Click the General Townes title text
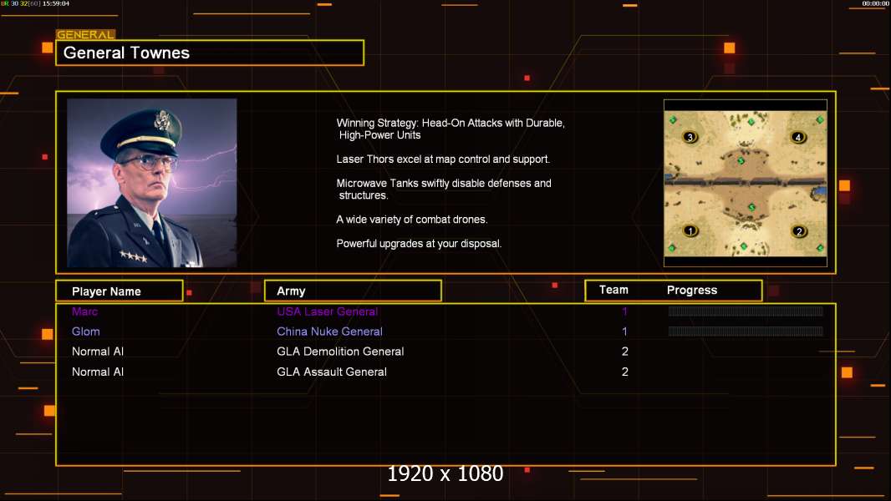(126, 53)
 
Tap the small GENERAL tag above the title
(86, 34)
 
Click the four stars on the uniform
(133, 256)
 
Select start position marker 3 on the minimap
(690, 137)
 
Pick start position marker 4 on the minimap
(798, 137)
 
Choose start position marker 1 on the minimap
(690, 231)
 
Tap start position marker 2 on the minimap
(799, 231)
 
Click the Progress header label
(691, 290)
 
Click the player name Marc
(84, 311)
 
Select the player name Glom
(86, 331)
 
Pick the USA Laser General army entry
(328, 311)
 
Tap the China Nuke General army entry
(329, 331)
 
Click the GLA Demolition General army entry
(340, 352)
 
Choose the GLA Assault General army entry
(332, 372)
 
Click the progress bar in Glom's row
(746, 331)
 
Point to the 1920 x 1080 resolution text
(445, 473)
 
